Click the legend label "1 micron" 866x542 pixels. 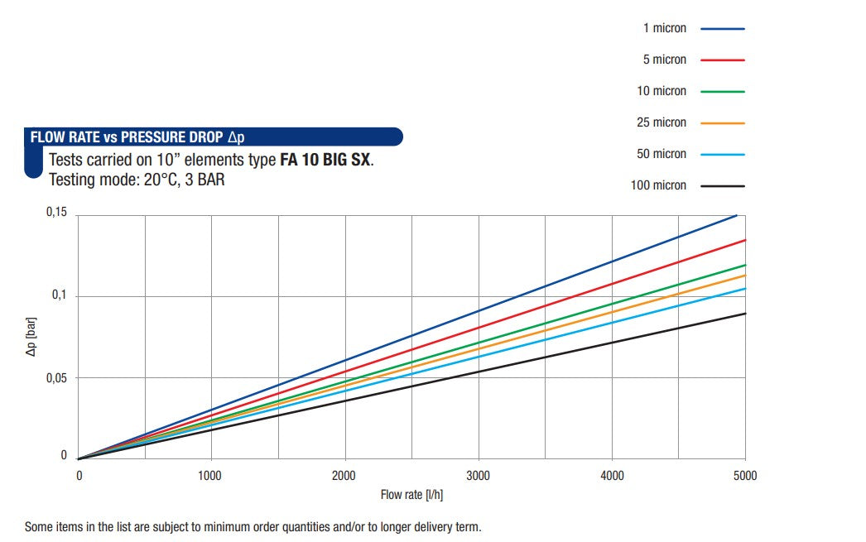(x=665, y=28)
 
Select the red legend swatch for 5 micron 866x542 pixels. (x=723, y=60)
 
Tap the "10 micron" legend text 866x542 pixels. (x=662, y=91)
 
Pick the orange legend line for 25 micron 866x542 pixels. (x=723, y=122)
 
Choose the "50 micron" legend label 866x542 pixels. (x=662, y=154)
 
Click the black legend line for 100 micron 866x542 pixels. (x=723, y=185)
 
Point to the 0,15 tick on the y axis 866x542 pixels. (x=55, y=213)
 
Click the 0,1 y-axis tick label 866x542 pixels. (x=59, y=295)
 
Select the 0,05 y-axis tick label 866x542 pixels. (x=55, y=377)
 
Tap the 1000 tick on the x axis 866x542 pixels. (x=211, y=476)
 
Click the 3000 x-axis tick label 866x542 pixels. (x=479, y=476)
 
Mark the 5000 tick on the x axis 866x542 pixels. (x=745, y=476)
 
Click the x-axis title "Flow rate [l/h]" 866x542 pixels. (x=412, y=496)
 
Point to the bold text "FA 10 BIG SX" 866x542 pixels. (x=325, y=160)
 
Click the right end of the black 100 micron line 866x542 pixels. (x=744, y=314)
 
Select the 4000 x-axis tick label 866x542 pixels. (x=612, y=476)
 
